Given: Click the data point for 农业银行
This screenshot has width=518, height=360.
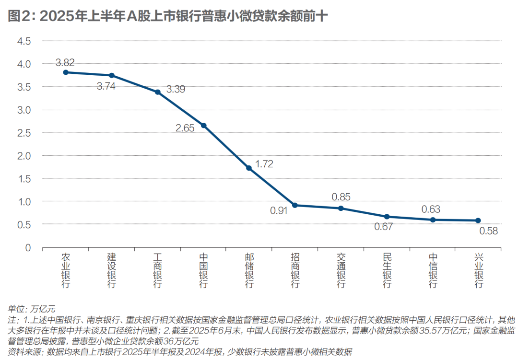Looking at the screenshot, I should pyautogui.click(x=66, y=72).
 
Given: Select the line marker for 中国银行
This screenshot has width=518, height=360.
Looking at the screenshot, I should pyautogui.click(x=203, y=126).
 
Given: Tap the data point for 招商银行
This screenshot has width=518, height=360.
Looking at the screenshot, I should pyautogui.click(x=295, y=205).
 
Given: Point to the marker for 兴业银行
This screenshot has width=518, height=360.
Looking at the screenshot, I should pyautogui.click(x=478, y=221).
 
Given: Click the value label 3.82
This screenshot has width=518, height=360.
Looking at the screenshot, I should pyautogui.click(x=65, y=62).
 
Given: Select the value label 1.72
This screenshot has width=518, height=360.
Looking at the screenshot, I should pyautogui.click(x=264, y=164).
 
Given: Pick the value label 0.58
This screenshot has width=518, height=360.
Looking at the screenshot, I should pyautogui.click(x=488, y=231).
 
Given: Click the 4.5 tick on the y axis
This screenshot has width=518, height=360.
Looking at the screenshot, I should pyautogui.click(x=24, y=41).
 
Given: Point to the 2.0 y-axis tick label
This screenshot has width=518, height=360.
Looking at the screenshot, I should pyautogui.click(x=24, y=156).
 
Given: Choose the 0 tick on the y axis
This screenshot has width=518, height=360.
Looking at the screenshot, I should pyautogui.click(x=28, y=248).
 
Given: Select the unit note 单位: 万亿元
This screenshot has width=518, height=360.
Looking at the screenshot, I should pyautogui.click(x=32, y=308).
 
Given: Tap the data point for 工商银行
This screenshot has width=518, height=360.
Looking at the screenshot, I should pyautogui.click(x=157, y=92).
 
